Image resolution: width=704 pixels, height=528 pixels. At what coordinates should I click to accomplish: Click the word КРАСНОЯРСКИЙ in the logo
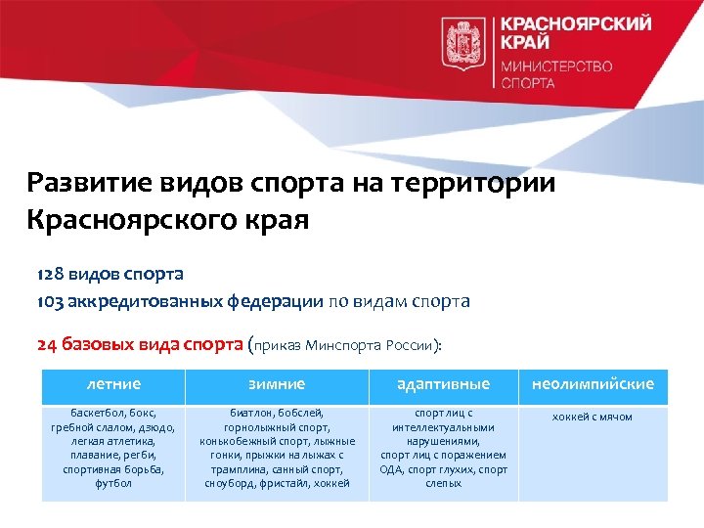576,24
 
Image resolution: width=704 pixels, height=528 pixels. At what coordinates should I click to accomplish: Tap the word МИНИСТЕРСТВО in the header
556,66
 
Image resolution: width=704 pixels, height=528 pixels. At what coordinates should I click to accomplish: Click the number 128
51,273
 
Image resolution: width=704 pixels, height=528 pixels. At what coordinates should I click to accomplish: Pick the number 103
51,301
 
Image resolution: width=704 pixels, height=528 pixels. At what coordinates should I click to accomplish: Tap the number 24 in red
48,344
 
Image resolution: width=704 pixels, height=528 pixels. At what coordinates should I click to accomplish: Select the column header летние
113,384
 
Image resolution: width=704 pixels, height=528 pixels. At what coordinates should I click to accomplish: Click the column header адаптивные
444,384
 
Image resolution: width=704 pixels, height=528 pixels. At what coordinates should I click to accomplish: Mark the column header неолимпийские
593,384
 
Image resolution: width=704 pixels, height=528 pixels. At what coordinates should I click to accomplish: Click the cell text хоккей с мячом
593,417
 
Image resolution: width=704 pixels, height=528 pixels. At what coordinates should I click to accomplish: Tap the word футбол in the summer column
113,483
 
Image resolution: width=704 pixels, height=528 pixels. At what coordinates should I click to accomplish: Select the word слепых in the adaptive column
444,483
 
